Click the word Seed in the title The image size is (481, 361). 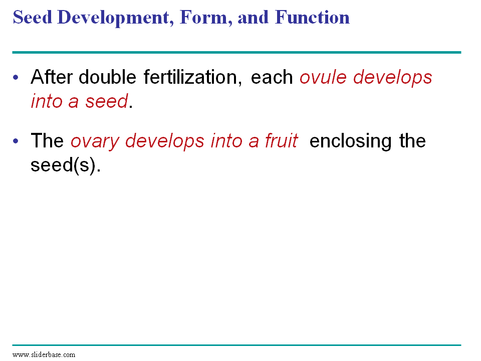32,17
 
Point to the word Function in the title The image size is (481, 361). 312,17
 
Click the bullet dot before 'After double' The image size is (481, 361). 16,77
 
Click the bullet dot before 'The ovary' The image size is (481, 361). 16,141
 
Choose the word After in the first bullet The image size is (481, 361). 51,77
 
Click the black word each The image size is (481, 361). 272,77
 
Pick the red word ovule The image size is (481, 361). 323,77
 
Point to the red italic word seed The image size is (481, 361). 106,101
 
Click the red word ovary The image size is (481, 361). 95,142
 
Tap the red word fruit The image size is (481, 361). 281,140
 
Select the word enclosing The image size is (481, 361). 350,141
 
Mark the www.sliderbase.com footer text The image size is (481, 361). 44,355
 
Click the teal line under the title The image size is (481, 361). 236,53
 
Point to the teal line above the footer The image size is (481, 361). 236,345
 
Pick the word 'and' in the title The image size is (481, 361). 253,17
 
